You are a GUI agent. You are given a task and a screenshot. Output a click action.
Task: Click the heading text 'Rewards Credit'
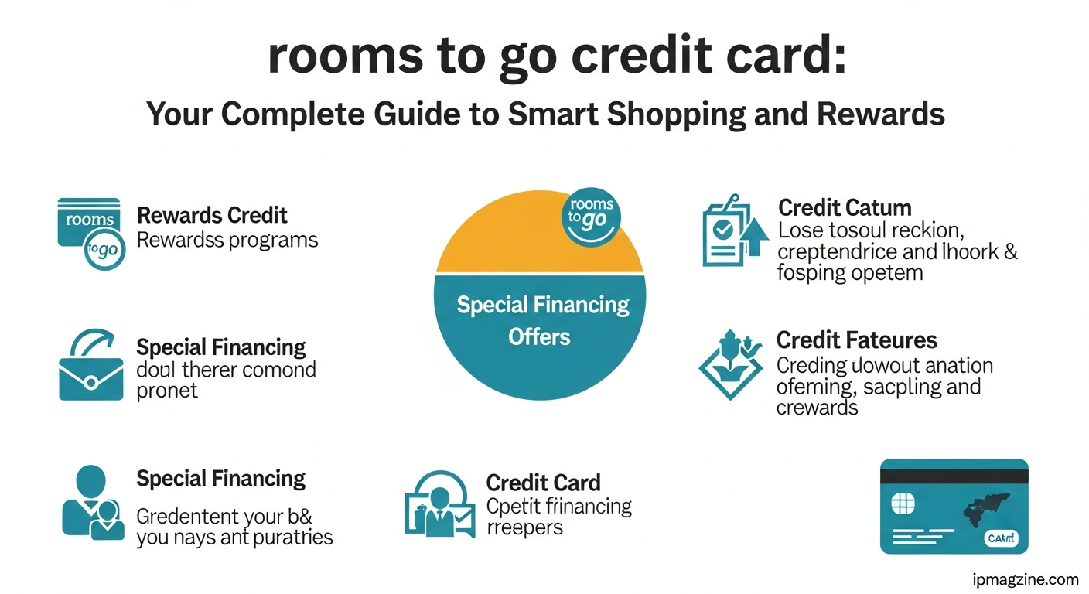click(212, 215)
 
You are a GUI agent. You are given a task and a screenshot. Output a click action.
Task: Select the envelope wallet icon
click(90, 367)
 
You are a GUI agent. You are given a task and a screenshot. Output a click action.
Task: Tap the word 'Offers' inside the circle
click(539, 337)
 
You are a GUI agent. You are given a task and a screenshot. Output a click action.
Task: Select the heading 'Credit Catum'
click(845, 208)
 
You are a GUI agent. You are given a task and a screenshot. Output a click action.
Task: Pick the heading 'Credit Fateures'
click(856, 340)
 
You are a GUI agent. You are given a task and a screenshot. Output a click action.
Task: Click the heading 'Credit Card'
click(543, 483)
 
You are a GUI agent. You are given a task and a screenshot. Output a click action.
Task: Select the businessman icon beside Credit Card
click(437, 504)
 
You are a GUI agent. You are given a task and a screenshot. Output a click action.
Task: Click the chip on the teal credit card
click(903, 505)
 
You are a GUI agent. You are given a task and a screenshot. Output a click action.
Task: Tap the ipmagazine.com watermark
click(1026, 579)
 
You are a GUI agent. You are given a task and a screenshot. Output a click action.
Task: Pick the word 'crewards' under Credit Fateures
click(817, 408)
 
